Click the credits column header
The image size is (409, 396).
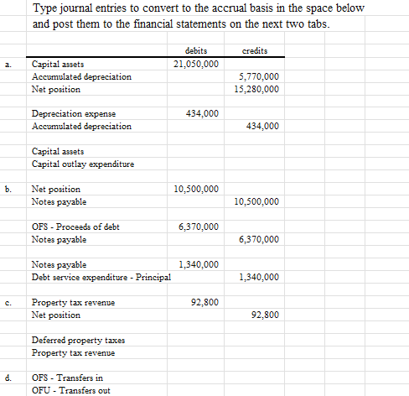click(x=256, y=50)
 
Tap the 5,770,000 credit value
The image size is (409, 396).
click(x=259, y=76)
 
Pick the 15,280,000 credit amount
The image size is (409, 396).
click(x=256, y=89)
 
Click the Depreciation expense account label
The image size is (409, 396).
click(x=73, y=113)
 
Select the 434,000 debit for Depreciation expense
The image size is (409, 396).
click(x=203, y=113)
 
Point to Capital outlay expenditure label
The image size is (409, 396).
click(x=82, y=164)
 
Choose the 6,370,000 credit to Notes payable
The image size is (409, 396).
click(x=259, y=240)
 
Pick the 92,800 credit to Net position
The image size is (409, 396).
click(x=264, y=315)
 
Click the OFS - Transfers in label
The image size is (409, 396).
click(x=67, y=378)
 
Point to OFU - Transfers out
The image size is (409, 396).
click(x=70, y=390)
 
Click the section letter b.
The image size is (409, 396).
click(x=8, y=190)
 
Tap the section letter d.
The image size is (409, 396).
click(x=8, y=378)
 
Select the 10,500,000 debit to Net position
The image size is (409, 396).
click(x=197, y=190)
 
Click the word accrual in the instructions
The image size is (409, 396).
click(x=224, y=8)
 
